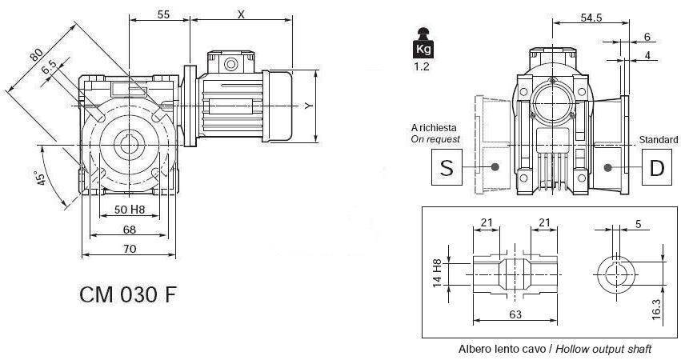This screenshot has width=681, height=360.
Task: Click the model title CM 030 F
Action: (128, 294)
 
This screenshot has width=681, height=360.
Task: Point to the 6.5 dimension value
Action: (47, 70)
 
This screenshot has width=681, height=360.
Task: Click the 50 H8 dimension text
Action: (129, 210)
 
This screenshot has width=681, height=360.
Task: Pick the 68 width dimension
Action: (129, 230)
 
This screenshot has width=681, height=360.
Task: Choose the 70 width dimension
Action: (130, 249)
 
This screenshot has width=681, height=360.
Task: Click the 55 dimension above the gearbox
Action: (162, 14)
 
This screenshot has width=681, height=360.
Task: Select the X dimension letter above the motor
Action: (241, 14)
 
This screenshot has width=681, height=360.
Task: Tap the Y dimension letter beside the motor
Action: (309, 105)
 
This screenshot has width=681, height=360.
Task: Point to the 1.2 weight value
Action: (422, 67)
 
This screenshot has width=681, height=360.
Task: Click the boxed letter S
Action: (447, 167)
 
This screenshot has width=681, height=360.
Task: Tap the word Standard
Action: (658, 139)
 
